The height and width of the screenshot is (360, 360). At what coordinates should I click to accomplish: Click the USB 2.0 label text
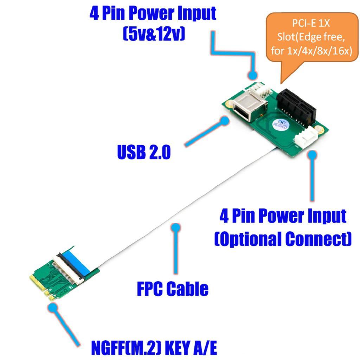click(144, 152)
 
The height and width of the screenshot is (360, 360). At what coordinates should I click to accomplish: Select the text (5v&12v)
click(154, 34)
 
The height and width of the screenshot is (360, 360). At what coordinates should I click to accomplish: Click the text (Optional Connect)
click(283, 239)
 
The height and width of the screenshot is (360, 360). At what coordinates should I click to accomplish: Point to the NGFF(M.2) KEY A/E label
click(154, 348)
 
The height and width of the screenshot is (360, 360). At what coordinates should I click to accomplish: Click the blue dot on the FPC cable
click(175, 227)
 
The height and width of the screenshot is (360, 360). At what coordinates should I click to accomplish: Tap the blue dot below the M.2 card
click(53, 307)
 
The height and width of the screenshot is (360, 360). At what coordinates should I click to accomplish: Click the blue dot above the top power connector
click(252, 75)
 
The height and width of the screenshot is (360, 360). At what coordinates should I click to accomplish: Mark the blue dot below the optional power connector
click(312, 154)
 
